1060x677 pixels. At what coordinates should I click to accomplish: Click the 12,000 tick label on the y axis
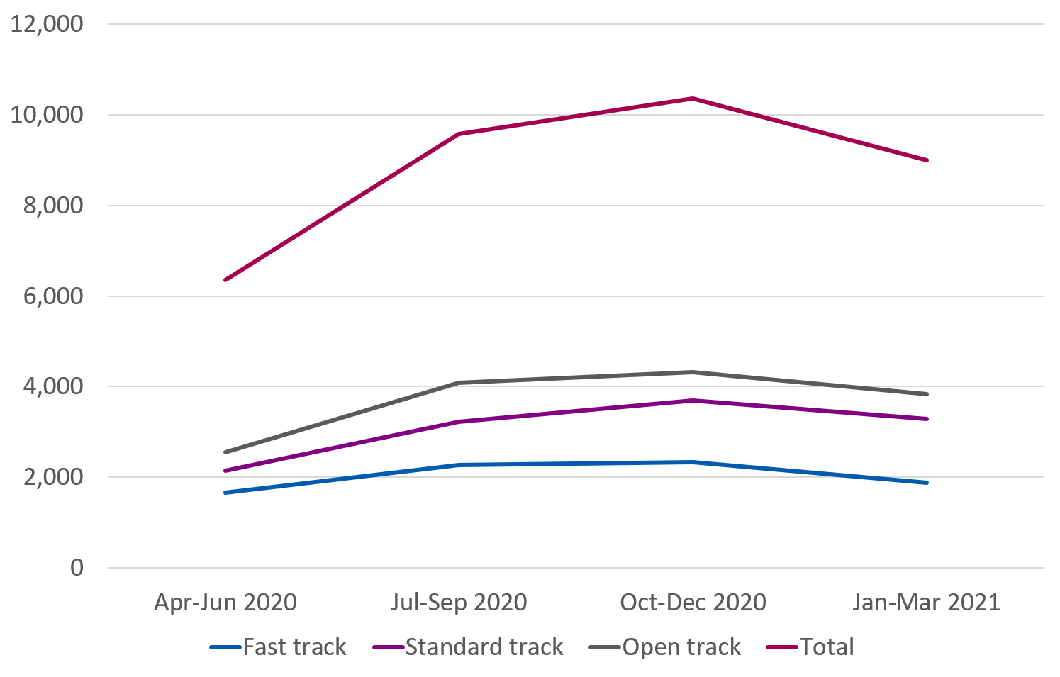pyautogui.click(x=46, y=24)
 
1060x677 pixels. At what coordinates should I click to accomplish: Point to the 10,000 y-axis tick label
pyautogui.click(x=46, y=115)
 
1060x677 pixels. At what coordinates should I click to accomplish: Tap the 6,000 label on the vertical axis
pyautogui.click(x=53, y=296)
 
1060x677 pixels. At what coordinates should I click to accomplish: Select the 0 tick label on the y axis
pyautogui.click(x=76, y=568)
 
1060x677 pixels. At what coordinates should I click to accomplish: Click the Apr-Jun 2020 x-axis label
pyautogui.click(x=225, y=603)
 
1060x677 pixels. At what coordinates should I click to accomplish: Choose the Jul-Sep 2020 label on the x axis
pyautogui.click(x=459, y=603)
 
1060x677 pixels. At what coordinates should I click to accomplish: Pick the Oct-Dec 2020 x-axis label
pyautogui.click(x=693, y=603)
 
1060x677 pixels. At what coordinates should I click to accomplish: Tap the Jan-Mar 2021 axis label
pyautogui.click(x=926, y=603)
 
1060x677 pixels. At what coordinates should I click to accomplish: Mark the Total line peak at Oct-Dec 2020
pyautogui.click(x=693, y=99)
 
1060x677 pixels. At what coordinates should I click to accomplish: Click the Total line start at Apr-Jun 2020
pyautogui.click(x=225, y=280)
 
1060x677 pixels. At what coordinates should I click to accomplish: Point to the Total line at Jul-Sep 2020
pyautogui.click(x=459, y=133)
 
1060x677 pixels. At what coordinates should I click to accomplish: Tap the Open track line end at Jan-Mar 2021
pyautogui.click(x=926, y=393)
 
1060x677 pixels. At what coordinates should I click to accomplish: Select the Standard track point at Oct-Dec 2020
pyautogui.click(x=693, y=401)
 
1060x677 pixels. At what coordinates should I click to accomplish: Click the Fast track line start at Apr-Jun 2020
pyautogui.click(x=225, y=492)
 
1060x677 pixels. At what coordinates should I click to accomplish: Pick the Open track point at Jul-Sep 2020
pyautogui.click(x=459, y=383)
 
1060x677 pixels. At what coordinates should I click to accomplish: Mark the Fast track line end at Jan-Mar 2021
pyautogui.click(x=926, y=482)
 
